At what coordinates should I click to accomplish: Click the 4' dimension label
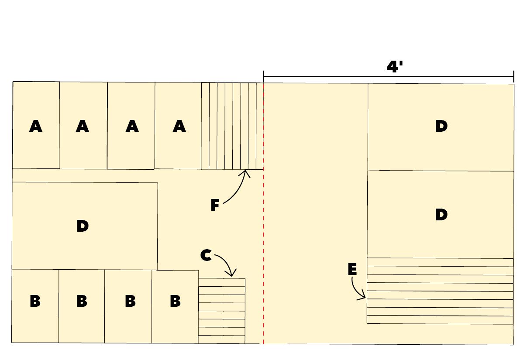395,67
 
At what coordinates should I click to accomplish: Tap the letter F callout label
215,205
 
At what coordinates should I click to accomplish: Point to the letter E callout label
352,269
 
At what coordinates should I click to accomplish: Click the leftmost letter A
35,126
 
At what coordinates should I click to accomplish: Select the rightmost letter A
179,126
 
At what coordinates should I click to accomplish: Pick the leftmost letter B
35,301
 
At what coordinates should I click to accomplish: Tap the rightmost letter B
175,301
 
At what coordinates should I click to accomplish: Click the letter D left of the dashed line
83,226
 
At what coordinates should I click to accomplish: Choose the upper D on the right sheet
441,126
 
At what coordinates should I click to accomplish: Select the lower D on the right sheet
441,214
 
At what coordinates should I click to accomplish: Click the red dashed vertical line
263,213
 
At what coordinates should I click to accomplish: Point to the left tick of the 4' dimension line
263,76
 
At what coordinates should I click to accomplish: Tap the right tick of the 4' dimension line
514,76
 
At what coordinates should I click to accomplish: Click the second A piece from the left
83,125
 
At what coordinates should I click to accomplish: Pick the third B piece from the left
128,306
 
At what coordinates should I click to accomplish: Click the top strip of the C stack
222,282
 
